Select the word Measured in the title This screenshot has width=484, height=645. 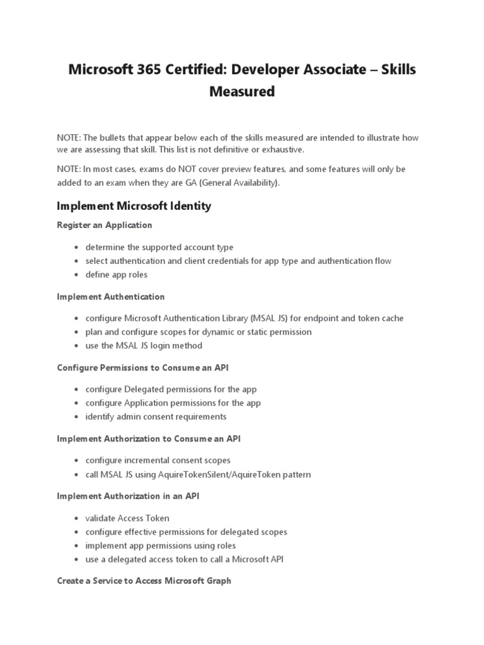[242, 91]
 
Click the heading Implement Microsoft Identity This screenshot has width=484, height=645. [134, 206]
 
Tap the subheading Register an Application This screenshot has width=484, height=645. [104, 225]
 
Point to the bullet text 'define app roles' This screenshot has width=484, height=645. [117, 275]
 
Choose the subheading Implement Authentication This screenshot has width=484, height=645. [110, 297]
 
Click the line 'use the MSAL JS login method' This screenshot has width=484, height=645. [144, 346]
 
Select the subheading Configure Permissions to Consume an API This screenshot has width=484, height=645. [147, 368]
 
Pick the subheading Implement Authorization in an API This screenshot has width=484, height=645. [129, 496]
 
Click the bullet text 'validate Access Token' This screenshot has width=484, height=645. [127, 518]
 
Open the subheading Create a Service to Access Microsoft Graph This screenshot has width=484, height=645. [144, 581]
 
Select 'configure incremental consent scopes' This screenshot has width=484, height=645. [158, 460]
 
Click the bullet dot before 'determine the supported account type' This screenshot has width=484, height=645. [76, 248]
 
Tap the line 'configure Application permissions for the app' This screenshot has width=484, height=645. [173, 403]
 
